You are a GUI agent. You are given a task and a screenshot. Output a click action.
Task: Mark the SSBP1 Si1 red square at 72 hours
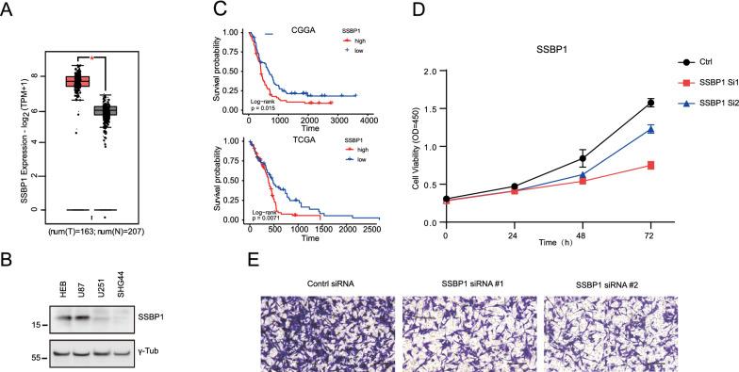pyautogui.click(x=649, y=166)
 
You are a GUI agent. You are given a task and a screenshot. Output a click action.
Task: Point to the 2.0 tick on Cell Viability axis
pyautogui.click(x=434, y=71)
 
